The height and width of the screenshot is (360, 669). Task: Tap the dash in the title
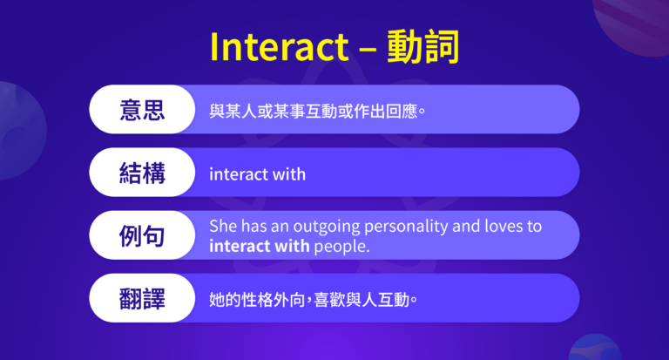pos(367,50)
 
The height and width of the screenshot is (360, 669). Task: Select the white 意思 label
pos(143,110)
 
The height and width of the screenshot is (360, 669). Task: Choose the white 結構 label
pos(143,173)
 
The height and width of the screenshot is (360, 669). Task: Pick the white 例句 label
pos(143,235)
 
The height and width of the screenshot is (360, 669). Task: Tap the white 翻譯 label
pos(143,298)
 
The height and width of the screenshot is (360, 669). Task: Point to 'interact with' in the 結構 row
pos(257,174)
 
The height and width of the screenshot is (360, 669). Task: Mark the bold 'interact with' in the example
pos(259,246)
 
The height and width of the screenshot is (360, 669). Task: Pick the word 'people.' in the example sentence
pos(342,247)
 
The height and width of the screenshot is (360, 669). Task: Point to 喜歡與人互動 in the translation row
pos(353,300)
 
